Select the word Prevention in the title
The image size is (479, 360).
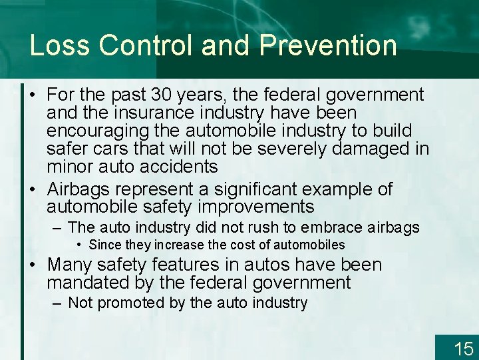point(328,45)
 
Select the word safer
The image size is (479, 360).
point(68,147)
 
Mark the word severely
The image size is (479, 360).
point(293,147)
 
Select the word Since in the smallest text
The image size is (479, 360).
point(103,245)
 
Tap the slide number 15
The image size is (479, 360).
point(463,348)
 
